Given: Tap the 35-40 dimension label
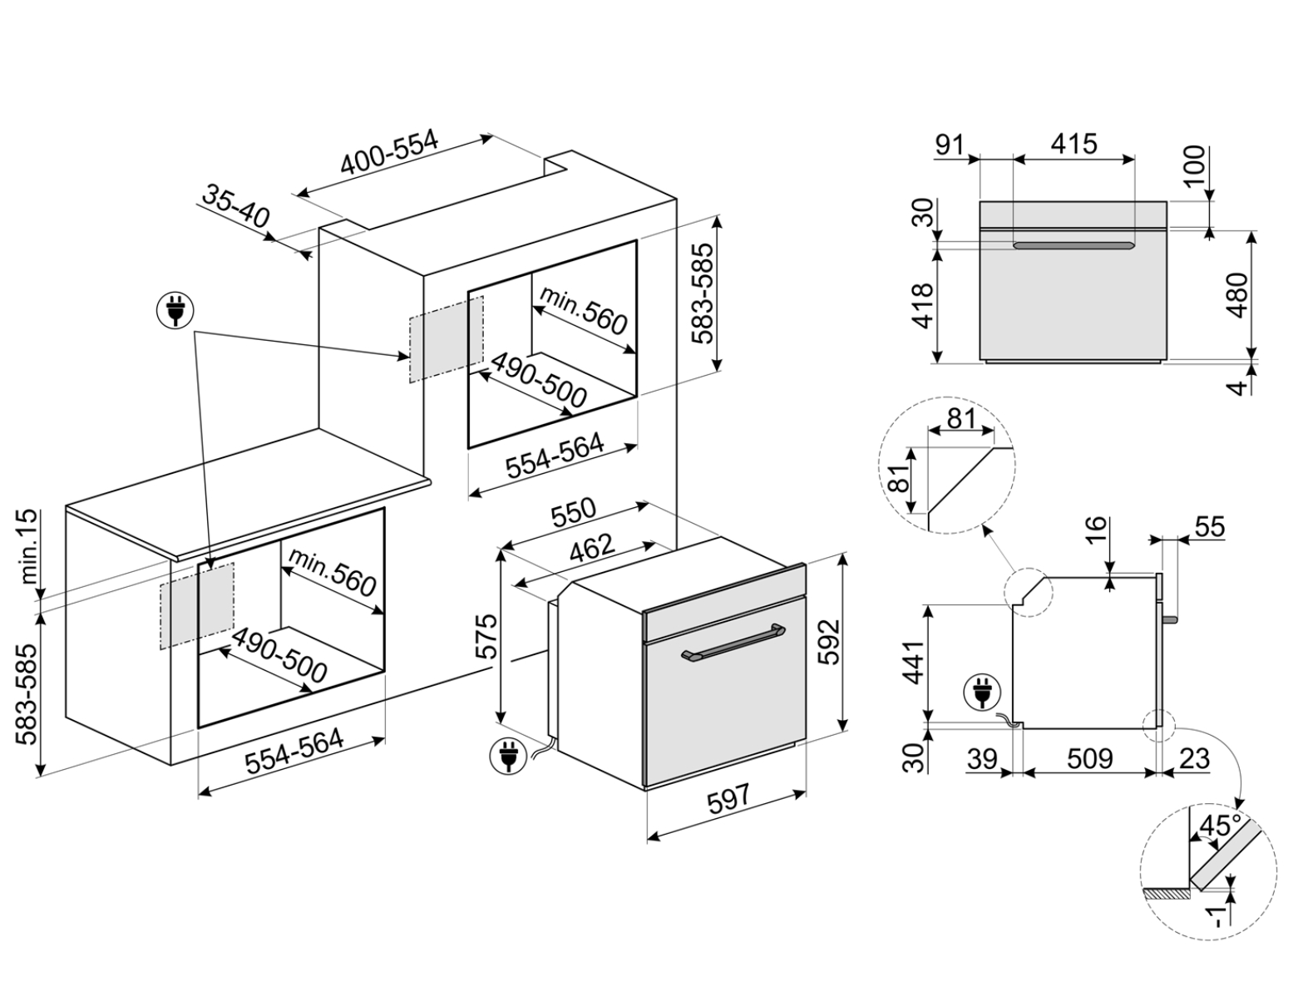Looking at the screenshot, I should point(235,207).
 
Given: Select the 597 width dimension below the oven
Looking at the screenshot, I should point(728,798).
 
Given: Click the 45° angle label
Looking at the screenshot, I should point(1220,827).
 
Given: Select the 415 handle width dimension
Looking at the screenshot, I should point(1073,144).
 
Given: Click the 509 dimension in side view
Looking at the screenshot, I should point(1089,758).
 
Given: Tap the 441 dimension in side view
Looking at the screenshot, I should point(915,662).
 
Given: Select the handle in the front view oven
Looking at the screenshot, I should point(1073,245).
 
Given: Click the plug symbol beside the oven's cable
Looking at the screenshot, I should point(506,756).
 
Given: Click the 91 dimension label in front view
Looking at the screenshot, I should point(950,144).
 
